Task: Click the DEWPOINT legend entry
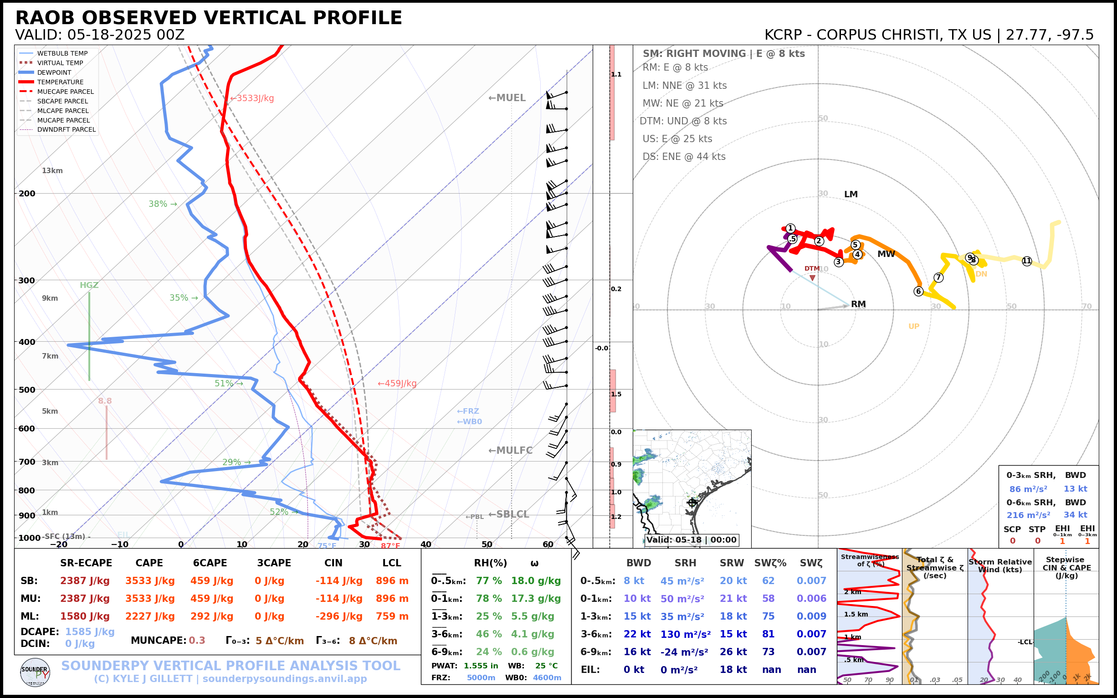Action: pos(54,72)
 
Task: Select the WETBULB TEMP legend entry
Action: pos(62,54)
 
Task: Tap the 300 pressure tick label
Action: pos(27,280)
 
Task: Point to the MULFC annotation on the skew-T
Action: pos(511,450)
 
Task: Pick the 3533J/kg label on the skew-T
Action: pos(252,98)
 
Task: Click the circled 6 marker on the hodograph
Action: pos(918,291)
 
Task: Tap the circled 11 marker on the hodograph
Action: pos(1026,261)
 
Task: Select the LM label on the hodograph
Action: pos(851,195)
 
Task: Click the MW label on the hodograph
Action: pos(886,254)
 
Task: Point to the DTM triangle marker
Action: pos(812,278)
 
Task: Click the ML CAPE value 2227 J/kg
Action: pos(150,616)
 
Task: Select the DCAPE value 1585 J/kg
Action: pos(90,631)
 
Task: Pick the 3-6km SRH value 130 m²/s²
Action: pos(685,634)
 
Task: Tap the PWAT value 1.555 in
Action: pos(481,666)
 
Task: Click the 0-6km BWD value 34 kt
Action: pos(1075,515)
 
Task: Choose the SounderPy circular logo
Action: pos(35,672)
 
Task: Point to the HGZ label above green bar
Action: pos(89,285)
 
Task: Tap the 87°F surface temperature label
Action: pos(390,546)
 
